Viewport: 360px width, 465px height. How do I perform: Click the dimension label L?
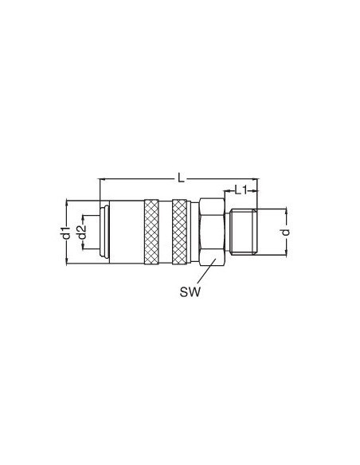(181, 178)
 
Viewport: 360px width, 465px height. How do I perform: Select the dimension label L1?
(241, 190)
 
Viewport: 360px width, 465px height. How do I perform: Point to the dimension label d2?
(81, 232)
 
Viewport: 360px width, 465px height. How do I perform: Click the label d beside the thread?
(285, 232)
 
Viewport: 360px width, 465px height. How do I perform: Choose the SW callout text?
(190, 292)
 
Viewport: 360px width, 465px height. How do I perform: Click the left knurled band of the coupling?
(151, 232)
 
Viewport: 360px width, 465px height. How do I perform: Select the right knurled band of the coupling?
(179, 232)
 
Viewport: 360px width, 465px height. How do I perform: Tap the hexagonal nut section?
(212, 232)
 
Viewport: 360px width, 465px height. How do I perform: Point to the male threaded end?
(244, 232)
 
